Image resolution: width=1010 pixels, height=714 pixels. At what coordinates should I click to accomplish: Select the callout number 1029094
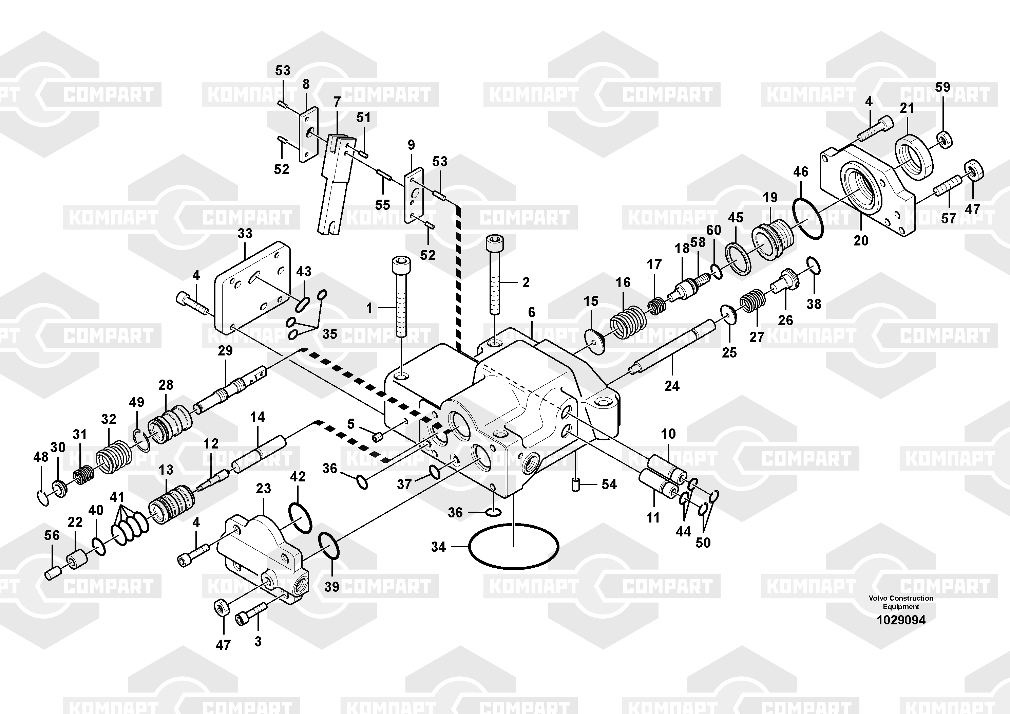pos(901,620)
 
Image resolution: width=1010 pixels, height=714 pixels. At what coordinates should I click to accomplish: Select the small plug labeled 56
pos(53,574)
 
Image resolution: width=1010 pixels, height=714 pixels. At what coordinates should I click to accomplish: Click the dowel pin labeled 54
pos(575,484)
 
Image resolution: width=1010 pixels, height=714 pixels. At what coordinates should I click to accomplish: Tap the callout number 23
pos(264,488)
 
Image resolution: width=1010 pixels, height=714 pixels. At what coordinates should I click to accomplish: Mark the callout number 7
pos(337,102)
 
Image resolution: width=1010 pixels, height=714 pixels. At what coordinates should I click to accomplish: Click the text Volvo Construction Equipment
pos(901,602)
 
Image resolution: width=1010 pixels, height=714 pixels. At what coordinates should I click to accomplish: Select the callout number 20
pos(861,240)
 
